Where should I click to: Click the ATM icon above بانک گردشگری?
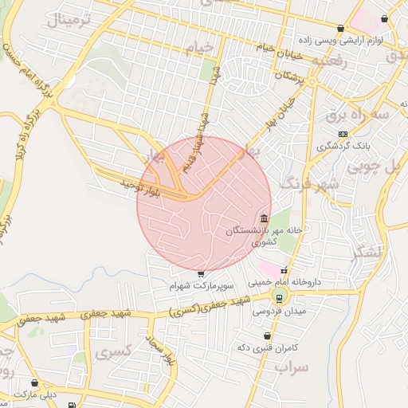point(343,133)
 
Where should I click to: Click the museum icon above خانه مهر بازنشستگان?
point(264,218)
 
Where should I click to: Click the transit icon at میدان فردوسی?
point(279,297)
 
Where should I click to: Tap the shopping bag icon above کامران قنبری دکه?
point(267,336)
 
